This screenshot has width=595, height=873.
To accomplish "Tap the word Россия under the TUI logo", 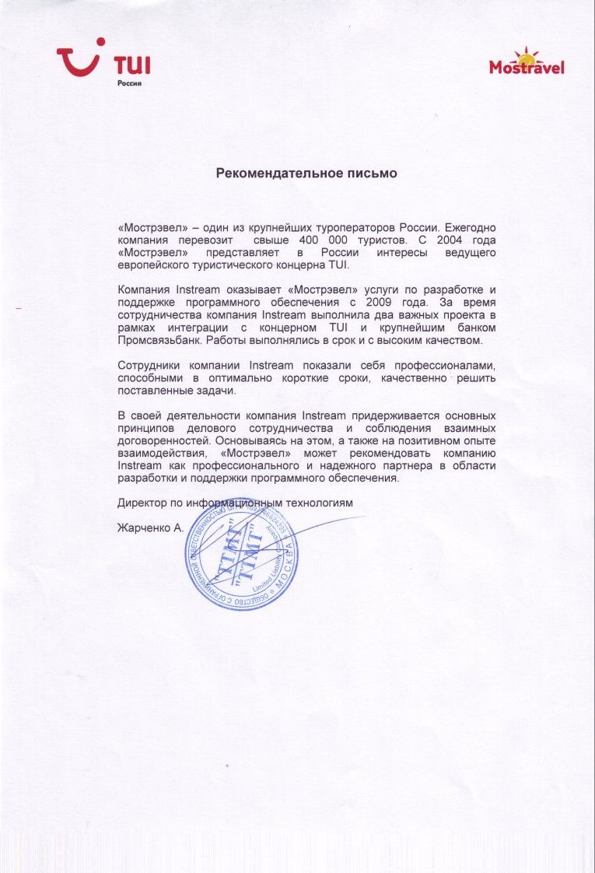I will (x=128, y=82).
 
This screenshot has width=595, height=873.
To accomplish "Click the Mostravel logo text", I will (x=527, y=68).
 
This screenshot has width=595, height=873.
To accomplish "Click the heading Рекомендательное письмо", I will (x=306, y=174).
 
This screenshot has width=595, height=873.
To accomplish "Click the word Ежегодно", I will (x=468, y=228).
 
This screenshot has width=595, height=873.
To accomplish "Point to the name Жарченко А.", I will (x=150, y=528).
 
